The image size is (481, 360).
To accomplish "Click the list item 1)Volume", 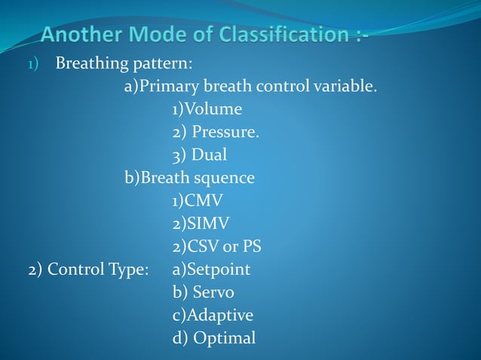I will coord(207,109).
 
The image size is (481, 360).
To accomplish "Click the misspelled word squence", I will coord(225,178).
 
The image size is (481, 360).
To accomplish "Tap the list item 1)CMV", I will coord(198,201).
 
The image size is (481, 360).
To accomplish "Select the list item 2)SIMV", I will coord(201,224).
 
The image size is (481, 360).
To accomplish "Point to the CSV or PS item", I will coord(216,246).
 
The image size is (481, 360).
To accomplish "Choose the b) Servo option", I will coord(203,292).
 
